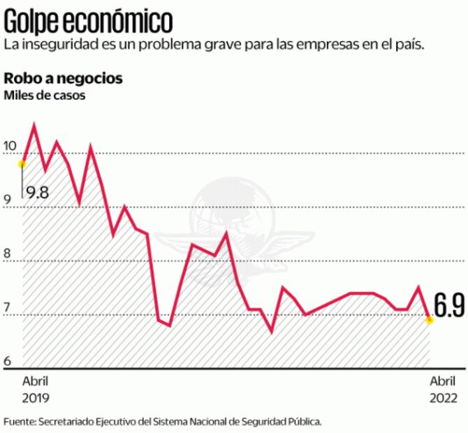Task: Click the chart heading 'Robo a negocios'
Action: click(64, 78)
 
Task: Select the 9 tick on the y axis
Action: click(6, 200)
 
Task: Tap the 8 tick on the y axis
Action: click(6, 254)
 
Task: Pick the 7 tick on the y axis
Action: click(6, 308)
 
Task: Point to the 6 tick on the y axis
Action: click(6, 361)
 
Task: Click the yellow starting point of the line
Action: click(22, 164)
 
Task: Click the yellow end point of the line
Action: click(430, 320)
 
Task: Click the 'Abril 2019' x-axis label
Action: click(36, 390)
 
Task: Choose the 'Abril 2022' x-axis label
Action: click(443, 390)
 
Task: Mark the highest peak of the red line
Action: click(34, 126)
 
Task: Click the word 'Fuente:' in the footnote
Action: click(20, 422)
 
